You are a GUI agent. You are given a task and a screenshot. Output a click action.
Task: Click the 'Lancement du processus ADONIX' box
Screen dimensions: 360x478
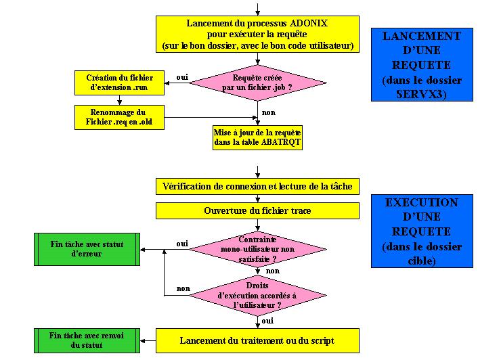pos(257,35)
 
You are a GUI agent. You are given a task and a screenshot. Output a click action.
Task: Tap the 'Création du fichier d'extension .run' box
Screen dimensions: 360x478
pos(119,83)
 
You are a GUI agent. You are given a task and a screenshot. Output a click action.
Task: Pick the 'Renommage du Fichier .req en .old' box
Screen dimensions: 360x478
pos(119,116)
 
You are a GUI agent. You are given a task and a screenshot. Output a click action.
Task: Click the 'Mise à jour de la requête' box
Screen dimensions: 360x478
pos(257,137)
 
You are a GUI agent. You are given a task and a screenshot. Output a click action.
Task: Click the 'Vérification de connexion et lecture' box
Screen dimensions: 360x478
pos(257,186)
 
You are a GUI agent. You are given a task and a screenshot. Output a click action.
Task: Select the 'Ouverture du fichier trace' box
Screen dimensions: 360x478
pos(257,210)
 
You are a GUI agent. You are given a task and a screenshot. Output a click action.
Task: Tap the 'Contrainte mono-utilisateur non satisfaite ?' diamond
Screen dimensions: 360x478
pos(257,248)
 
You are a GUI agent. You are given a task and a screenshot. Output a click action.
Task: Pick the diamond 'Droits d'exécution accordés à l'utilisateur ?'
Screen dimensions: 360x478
pos(257,295)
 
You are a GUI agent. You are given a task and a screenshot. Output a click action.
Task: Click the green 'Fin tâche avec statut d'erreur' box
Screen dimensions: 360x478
pos(87,248)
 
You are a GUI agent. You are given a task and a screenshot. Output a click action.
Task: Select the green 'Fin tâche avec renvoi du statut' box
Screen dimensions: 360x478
pos(87,340)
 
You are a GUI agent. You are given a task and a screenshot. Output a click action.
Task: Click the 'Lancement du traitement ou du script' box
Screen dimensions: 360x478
pos(257,340)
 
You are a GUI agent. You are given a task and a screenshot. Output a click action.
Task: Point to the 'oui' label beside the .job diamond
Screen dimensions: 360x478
pos(182,77)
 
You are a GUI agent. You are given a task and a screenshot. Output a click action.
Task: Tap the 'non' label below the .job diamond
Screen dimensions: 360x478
pos(269,114)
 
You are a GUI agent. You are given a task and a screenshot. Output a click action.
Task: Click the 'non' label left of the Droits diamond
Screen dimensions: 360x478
pos(183,288)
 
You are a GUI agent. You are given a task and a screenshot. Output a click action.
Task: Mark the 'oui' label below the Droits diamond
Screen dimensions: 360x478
pos(267,320)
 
